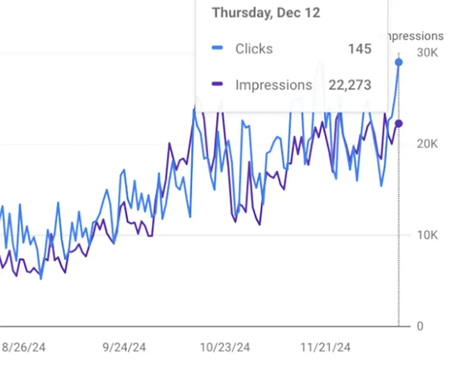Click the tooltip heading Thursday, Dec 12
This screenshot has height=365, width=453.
[x=266, y=13]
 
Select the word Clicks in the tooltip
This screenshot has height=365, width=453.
[x=254, y=48]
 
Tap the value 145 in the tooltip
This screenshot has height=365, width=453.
[x=360, y=48]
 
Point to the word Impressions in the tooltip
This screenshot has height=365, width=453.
[x=274, y=85]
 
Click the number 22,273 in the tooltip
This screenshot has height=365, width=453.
[x=350, y=85]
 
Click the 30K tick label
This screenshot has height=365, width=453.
[x=427, y=53]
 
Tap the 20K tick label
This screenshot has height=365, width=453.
[x=427, y=144]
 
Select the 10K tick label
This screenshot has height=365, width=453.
[x=427, y=235]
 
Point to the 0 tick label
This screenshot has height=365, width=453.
[x=420, y=326]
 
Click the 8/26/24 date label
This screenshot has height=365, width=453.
[x=24, y=347]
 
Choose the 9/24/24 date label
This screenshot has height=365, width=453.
[x=124, y=347]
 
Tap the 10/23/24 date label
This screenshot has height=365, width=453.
[x=225, y=347]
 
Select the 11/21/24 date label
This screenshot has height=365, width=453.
[x=325, y=347]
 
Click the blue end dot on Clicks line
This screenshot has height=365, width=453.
[x=399, y=62]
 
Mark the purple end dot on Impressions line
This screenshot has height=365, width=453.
[x=399, y=124]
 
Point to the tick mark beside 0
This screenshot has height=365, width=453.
[x=407, y=326]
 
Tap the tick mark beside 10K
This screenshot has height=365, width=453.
[x=407, y=235]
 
